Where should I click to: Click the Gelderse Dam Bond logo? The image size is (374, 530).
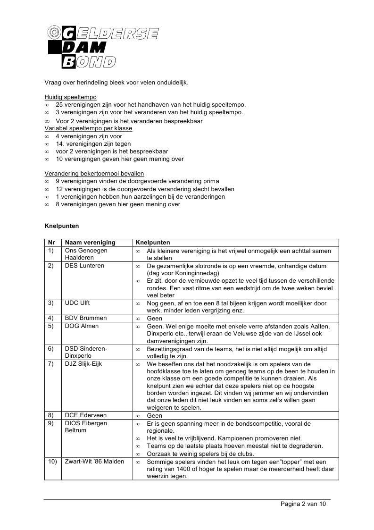coord(103,46)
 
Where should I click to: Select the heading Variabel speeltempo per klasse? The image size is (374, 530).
coord(88,128)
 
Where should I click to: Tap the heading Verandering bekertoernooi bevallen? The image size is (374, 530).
coord(94,174)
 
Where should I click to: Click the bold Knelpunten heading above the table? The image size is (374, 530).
coord(61,226)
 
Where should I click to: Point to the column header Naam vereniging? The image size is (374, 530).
coord(90,243)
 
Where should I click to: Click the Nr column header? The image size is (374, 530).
coord(52,243)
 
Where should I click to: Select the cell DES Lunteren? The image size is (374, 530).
coord(84,266)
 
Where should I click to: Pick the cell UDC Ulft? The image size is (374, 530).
coord(78,303)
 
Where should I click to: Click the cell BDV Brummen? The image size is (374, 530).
coord(86,319)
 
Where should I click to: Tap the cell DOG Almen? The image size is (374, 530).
coord(82,326)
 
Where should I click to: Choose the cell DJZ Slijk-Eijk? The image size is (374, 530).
coord(83,364)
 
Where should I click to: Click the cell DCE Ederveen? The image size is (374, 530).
coord(86,416)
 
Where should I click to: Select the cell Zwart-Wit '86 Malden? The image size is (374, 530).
coord(94,462)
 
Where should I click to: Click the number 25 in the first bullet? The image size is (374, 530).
coord(59,105)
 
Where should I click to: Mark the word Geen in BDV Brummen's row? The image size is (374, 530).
coord(154,319)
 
